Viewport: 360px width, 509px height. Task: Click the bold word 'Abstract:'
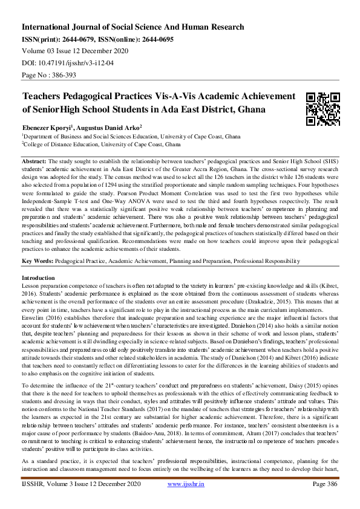click(x=34, y=162)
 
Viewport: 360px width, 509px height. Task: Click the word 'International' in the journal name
click(x=50, y=27)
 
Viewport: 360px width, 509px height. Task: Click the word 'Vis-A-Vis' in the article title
click(x=169, y=96)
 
